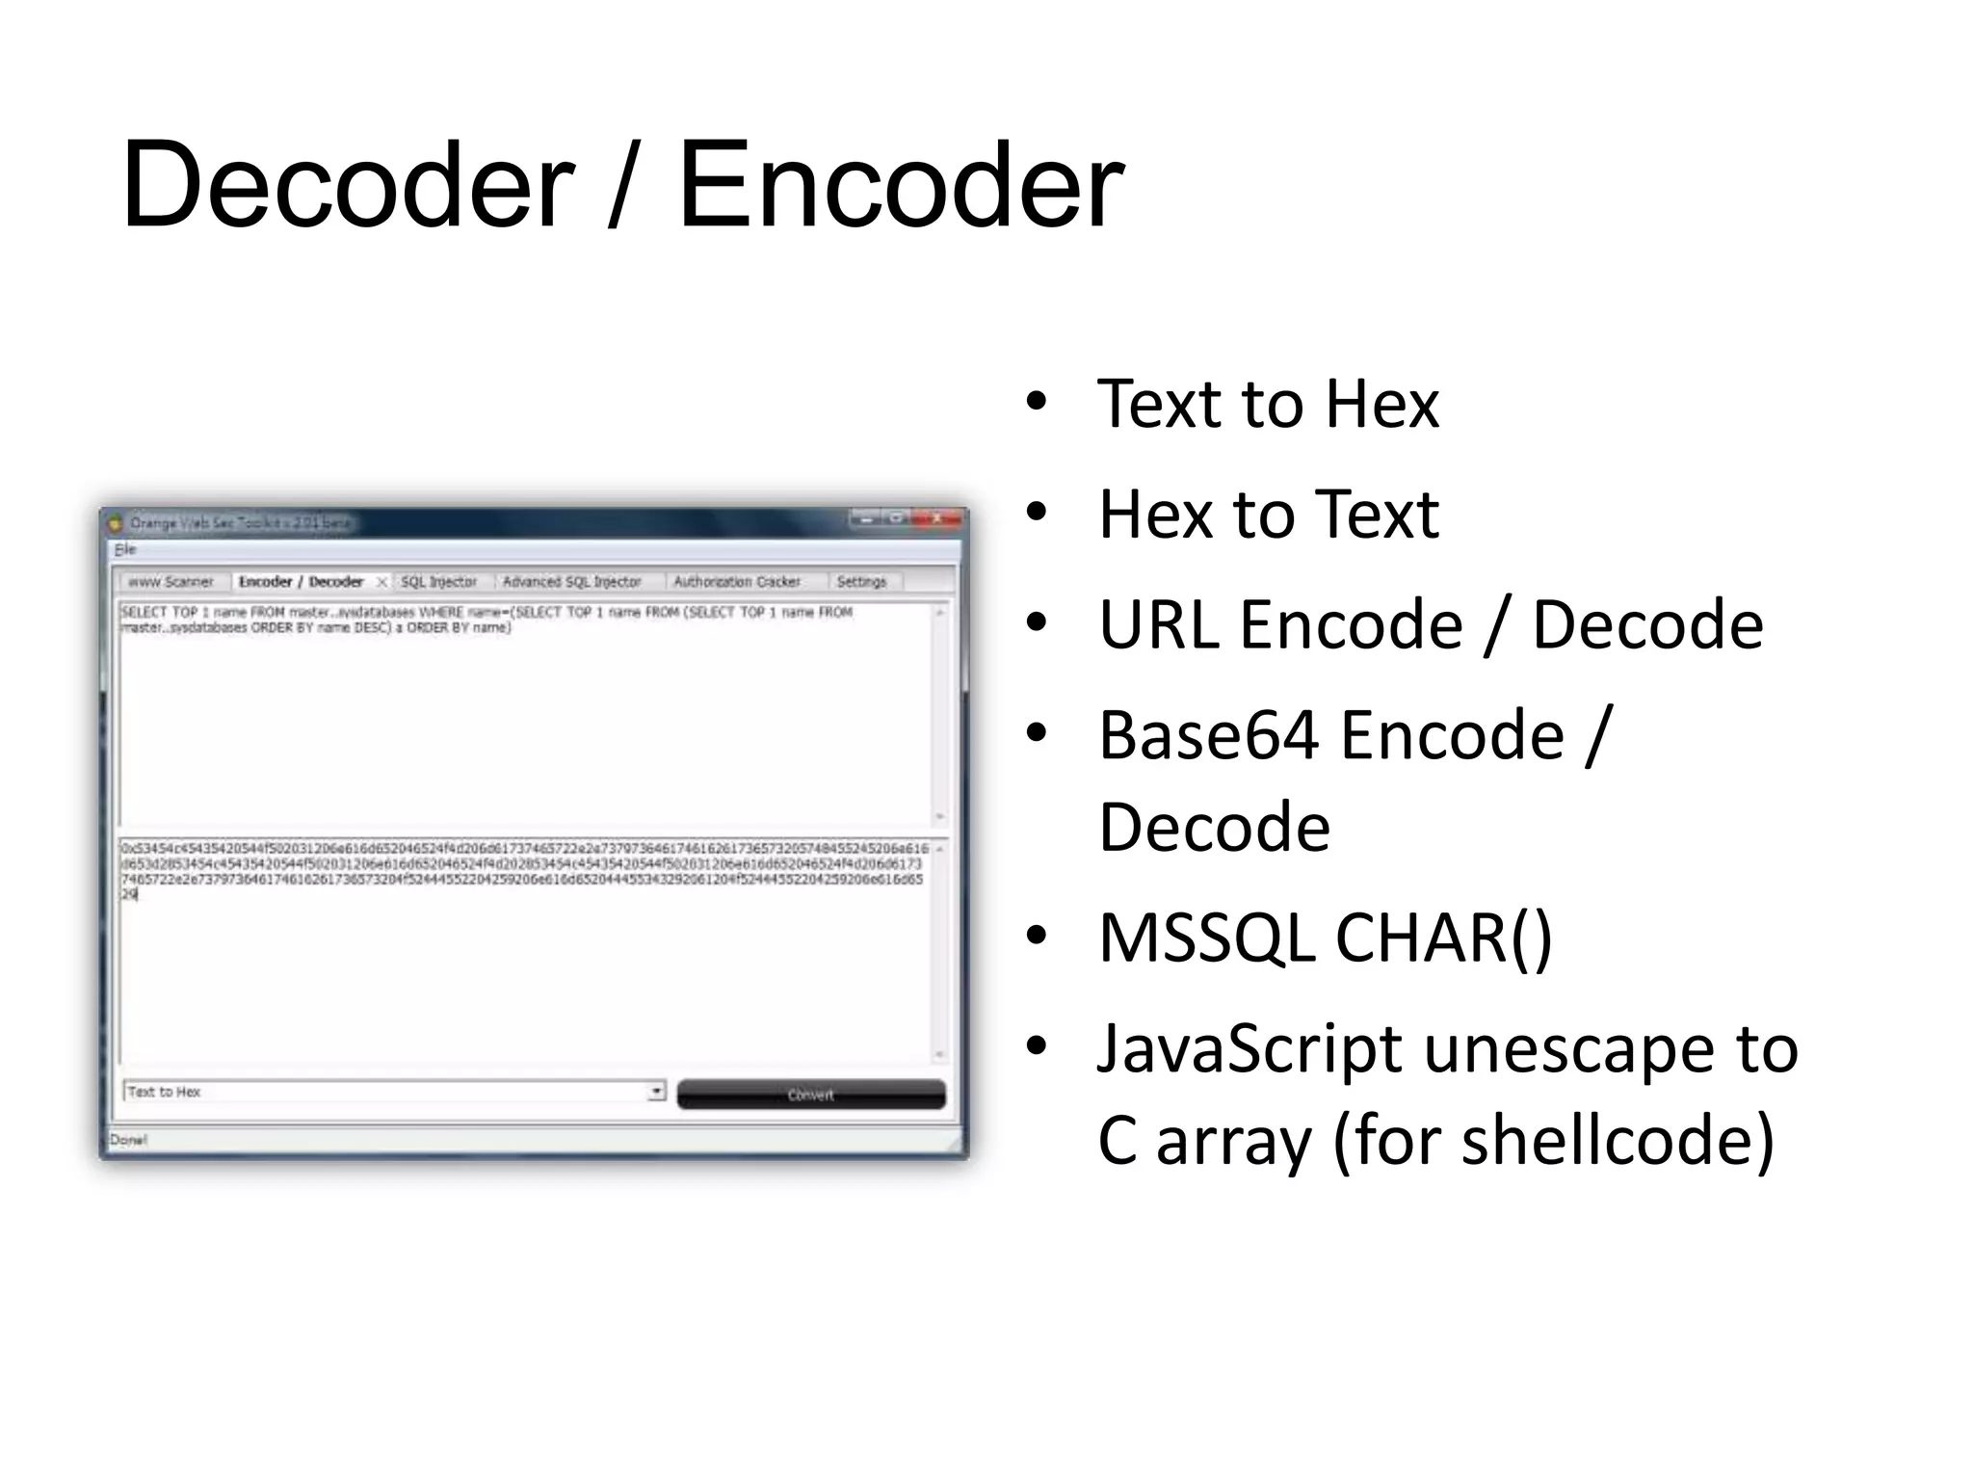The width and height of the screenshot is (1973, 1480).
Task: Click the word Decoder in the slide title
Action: coord(347,185)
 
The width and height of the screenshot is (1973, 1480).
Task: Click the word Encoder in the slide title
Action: coord(901,185)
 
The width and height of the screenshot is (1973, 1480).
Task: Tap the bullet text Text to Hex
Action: coord(1268,404)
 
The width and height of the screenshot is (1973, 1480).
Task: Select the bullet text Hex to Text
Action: coord(1268,515)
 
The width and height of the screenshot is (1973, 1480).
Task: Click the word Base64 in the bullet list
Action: coord(1208,736)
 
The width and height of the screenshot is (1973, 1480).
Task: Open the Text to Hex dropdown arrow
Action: coord(656,1092)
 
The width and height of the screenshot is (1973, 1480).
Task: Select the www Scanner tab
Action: coord(171,582)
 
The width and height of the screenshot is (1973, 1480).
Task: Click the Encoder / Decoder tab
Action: coord(301,582)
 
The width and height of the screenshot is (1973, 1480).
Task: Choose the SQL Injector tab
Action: coord(438,582)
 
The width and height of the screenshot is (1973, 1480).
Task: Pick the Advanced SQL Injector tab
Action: coord(571,582)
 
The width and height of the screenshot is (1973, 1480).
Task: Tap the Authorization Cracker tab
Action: coord(737,582)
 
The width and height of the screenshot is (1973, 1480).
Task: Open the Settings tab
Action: coord(861,582)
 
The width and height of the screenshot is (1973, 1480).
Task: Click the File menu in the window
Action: coord(125,549)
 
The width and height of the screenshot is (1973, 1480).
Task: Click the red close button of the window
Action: coord(935,518)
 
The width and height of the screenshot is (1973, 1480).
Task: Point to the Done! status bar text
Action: coord(128,1140)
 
